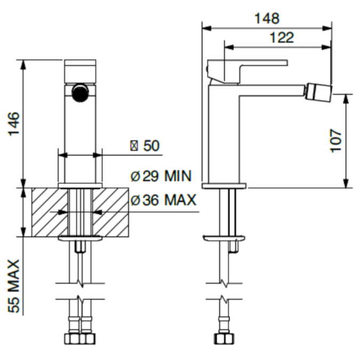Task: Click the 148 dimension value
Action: click(267, 19)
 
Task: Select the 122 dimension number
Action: click(282, 38)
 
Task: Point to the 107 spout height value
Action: click(336, 141)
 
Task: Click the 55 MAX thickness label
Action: click(14, 286)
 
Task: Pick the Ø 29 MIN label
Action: click(161, 176)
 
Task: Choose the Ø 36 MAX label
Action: click(164, 200)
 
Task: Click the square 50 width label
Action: click(145, 146)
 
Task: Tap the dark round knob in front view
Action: click(80, 93)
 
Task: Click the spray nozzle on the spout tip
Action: click(319, 92)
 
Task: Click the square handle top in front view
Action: click(80, 71)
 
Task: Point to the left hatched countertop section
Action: click(50, 212)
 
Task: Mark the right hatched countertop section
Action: click(110, 212)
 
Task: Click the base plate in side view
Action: click(224, 186)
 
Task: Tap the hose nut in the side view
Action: click(223, 339)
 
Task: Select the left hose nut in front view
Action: click(72, 339)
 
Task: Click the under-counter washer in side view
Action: click(224, 238)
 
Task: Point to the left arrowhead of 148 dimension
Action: click(207, 28)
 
